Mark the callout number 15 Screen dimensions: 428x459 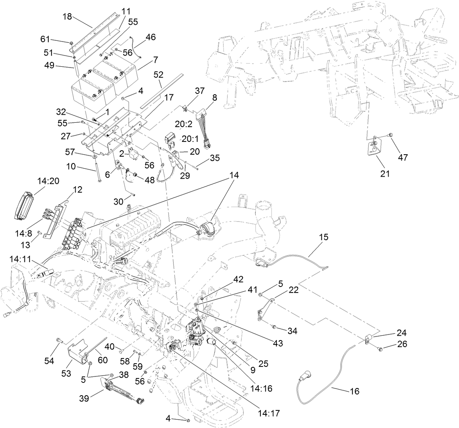tap(323, 237)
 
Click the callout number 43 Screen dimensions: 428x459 tap(277, 343)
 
